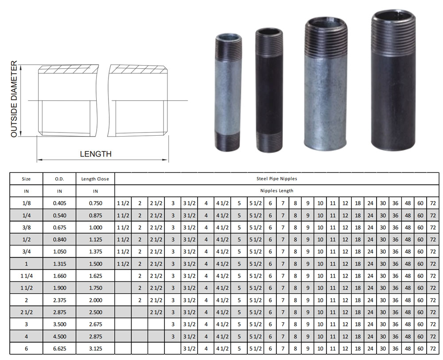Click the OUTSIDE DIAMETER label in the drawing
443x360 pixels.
point(14,99)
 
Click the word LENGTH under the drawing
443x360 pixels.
point(96,154)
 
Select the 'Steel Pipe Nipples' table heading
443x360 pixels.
point(276,178)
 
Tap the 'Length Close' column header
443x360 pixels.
point(95,179)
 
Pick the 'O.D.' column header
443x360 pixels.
point(59,179)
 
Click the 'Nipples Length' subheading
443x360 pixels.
point(276,191)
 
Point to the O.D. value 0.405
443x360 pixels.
point(60,203)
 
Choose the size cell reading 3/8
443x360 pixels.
point(26,227)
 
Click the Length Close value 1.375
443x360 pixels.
point(96,252)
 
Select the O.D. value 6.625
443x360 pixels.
point(60,348)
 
